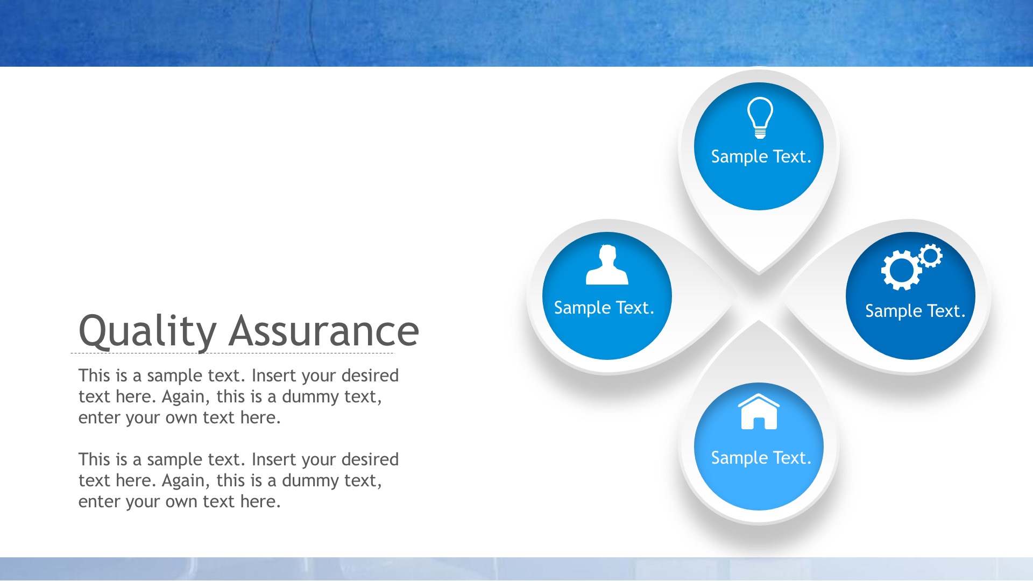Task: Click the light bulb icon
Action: pyautogui.click(x=760, y=117)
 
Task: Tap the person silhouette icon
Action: pyautogui.click(x=607, y=265)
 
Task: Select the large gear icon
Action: pyautogui.click(x=901, y=271)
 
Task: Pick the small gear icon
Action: pyautogui.click(x=930, y=256)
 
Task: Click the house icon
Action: pyautogui.click(x=759, y=412)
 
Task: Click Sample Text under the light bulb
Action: pyautogui.click(x=761, y=157)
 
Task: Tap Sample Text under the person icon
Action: pyautogui.click(x=604, y=308)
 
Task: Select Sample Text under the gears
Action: pyautogui.click(x=915, y=311)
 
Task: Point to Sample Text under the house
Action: pyautogui.click(x=761, y=458)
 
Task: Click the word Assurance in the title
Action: pyautogui.click(x=324, y=330)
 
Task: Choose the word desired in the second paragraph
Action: pyautogui.click(x=370, y=459)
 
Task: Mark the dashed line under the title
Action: pyautogui.click(x=232, y=353)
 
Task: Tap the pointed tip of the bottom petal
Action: pyautogui.click(x=759, y=320)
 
